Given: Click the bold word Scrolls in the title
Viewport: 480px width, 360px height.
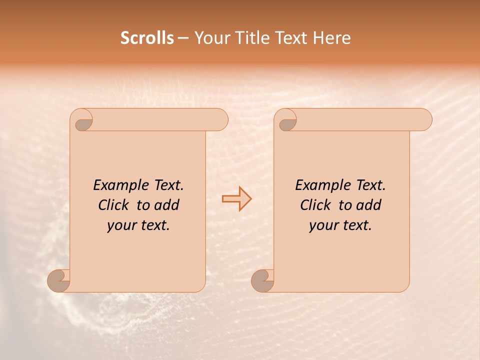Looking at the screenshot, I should pyautogui.click(x=147, y=38).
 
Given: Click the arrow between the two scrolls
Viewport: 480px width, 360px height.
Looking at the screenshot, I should pyautogui.click(x=236, y=198).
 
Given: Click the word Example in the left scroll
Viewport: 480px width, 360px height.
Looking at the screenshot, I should pyautogui.click(x=115, y=185).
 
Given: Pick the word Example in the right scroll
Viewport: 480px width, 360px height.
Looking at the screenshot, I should pyautogui.click(x=317, y=185).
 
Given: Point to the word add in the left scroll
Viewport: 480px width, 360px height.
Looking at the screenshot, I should pyautogui.click(x=167, y=205).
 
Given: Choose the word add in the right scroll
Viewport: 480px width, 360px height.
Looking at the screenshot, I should pyautogui.click(x=369, y=205).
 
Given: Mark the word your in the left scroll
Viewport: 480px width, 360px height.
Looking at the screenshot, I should pyautogui.click(x=120, y=225).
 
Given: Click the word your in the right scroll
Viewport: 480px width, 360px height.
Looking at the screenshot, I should pyautogui.click(x=322, y=225).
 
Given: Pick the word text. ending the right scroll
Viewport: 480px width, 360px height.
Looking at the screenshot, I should pyautogui.click(x=355, y=225).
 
